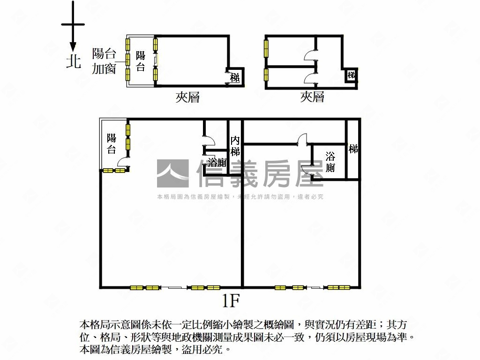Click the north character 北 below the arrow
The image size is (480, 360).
[73, 61]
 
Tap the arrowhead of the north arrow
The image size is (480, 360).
[73, 47]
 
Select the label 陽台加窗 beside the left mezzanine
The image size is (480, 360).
[104, 61]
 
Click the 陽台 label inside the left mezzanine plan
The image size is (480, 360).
[140, 61]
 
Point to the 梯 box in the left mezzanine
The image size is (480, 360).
[234, 78]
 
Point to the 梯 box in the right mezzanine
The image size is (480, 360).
[351, 75]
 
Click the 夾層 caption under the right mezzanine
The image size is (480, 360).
[312, 97]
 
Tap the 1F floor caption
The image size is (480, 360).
[232, 300]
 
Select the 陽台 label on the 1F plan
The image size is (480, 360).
[111, 143]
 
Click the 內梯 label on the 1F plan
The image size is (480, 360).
[235, 146]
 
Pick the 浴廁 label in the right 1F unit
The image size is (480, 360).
[330, 162]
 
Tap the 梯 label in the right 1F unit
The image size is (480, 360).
[353, 149]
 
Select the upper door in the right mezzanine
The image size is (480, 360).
[310, 57]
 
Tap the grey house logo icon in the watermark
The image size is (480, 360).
[172, 174]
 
